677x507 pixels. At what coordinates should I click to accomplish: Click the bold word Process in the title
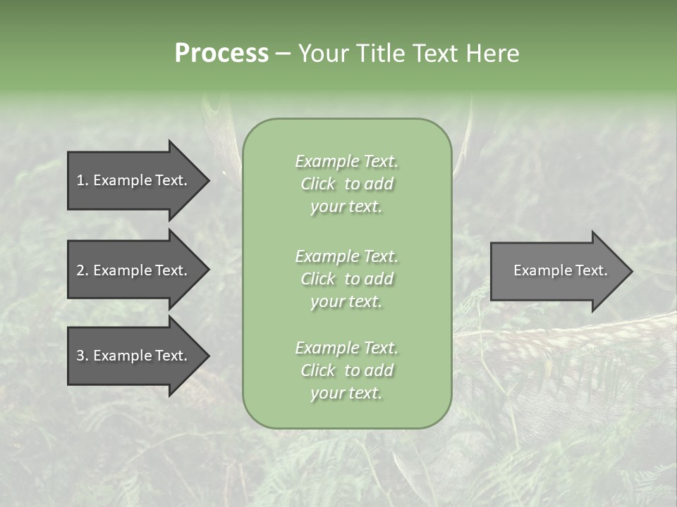coord(221,54)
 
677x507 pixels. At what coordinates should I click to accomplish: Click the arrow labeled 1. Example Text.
coord(134,180)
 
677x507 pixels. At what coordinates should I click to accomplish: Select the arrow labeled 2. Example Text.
coord(134,270)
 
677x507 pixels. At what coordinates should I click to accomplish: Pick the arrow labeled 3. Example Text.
coord(134,356)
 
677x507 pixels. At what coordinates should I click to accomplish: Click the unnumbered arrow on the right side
coord(557,270)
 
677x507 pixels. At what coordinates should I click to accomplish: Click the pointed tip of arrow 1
coord(207,180)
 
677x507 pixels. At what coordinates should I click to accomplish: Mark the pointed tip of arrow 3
coord(207,356)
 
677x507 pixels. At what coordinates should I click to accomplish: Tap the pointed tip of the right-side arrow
coord(630,270)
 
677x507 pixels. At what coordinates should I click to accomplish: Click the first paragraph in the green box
coord(346,184)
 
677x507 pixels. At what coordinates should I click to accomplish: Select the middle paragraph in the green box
coord(346,278)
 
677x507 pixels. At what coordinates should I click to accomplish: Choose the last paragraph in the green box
coord(346,370)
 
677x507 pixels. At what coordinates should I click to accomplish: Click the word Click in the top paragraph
coord(317,184)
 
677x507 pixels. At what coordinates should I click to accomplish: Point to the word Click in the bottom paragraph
coord(317,370)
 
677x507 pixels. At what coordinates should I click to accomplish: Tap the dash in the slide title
coord(283,54)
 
